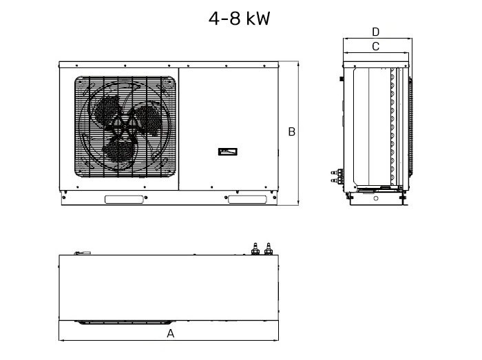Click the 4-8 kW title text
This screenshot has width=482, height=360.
tap(239, 19)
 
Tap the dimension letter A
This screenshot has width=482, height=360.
tap(170, 333)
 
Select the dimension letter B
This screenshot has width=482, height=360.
tap(292, 131)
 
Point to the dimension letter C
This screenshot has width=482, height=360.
tap(376, 46)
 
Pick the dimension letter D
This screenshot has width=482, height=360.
tap(376, 32)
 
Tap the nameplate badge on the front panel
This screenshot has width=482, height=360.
tap(227, 151)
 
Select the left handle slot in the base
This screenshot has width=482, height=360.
tap(124, 200)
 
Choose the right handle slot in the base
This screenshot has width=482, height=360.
tap(247, 200)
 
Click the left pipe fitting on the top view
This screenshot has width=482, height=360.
tap(255, 248)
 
